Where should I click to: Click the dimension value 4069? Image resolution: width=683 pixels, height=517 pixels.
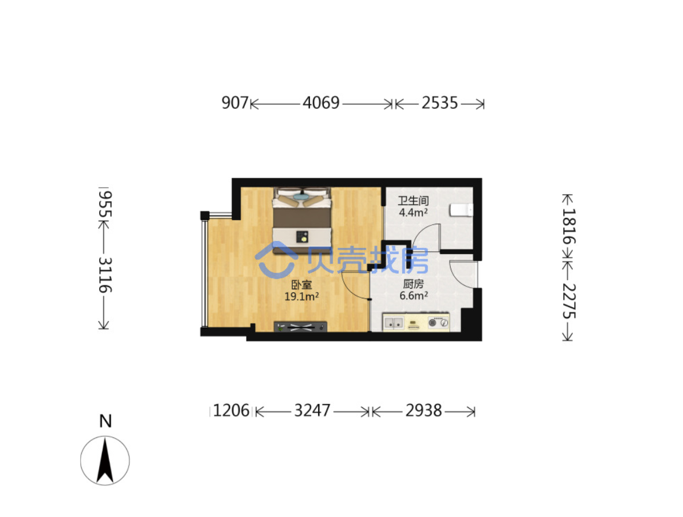pos(321,103)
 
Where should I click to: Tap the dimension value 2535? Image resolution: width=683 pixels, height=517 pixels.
pos(440,103)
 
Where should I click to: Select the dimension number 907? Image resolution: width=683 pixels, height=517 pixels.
pos(235,103)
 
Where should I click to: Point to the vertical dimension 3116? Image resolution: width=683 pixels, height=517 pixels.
pos(105,275)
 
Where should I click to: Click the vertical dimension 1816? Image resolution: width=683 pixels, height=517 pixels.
pos(568,226)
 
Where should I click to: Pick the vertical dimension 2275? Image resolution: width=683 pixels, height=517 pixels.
pos(568,301)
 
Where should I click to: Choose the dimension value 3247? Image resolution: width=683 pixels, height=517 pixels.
pos(312,410)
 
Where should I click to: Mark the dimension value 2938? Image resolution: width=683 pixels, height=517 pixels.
pos(424,410)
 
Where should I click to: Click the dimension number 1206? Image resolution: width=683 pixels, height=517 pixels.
pos(231,410)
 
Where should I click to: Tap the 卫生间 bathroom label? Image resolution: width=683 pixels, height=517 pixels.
pos(413,201)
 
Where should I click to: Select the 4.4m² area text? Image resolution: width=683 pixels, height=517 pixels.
pos(413,213)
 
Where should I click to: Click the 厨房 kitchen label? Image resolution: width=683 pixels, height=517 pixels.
pos(413,284)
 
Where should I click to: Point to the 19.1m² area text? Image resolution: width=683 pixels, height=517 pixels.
pos(301,297)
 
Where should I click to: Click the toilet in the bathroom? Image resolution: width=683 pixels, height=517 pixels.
pos(461,209)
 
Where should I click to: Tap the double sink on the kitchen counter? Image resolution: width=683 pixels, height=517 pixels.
pos(394,323)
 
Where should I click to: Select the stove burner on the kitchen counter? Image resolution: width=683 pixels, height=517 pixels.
pos(438,323)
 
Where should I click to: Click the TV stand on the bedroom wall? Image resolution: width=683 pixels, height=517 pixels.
pos(300,327)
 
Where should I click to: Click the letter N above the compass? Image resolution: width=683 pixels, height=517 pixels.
pos(105,421)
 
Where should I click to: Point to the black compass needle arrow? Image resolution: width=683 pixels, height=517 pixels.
pos(105,461)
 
